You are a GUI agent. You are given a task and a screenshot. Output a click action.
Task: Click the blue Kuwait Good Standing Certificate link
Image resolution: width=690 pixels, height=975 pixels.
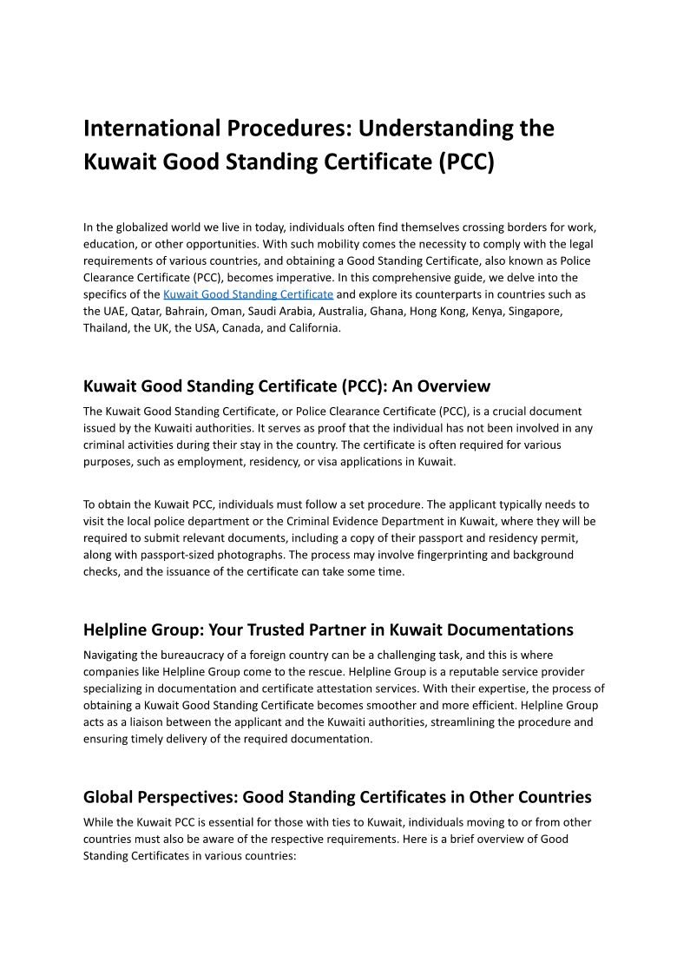click(248, 294)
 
